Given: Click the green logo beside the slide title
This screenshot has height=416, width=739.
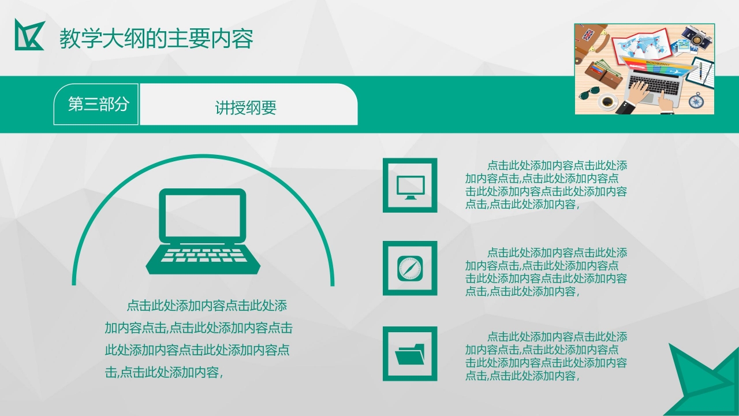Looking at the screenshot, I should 29,35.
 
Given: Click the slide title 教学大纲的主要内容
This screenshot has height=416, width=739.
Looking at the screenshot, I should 156,39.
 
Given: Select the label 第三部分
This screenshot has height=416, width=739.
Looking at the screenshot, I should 96,105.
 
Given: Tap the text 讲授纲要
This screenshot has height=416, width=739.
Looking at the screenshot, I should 246,107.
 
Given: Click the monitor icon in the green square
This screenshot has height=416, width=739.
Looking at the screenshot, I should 410,186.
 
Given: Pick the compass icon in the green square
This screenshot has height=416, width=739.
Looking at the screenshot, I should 410,269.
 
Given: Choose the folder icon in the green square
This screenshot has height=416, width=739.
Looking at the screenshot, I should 410,354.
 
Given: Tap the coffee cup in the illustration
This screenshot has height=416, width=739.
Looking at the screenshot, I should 607,102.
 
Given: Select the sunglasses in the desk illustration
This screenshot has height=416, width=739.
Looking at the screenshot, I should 589,92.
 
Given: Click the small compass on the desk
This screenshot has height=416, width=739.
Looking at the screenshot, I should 696,101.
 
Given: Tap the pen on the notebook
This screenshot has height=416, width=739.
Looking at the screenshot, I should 702,72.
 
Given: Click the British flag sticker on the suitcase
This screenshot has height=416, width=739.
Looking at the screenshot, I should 589,35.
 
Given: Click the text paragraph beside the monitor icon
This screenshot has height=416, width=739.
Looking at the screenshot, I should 546,185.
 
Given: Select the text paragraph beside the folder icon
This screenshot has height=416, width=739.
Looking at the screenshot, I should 546,356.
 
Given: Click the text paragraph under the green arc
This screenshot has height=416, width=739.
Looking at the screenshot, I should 197,339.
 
